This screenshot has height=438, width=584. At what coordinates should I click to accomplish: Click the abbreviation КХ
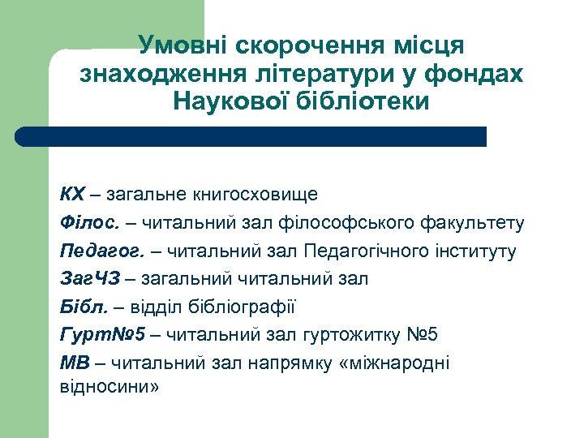tap(72, 195)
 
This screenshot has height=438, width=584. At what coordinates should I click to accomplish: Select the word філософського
tap(359, 223)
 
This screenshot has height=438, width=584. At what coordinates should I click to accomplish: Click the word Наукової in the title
tap(230, 102)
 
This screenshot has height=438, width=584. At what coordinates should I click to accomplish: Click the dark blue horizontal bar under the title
tap(251, 136)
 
